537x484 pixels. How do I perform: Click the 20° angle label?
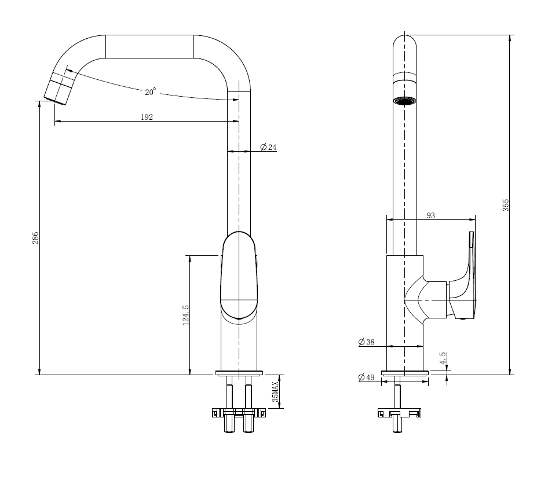(x=151, y=91)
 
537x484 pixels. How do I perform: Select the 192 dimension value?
(x=147, y=117)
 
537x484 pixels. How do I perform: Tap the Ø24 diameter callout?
(x=268, y=147)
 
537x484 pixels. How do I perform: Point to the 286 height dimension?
(x=35, y=238)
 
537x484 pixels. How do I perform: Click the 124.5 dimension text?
(x=186, y=315)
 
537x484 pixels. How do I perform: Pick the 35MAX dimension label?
(x=275, y=391)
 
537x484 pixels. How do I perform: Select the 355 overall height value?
(x=506, y=205)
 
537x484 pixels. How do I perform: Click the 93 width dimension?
(x=431, y=215)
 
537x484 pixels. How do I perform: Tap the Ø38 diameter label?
(x=367, y=342)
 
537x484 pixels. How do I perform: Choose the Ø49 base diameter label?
(x=367, y=377)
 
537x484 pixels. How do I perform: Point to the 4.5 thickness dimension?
(x=443, y=358)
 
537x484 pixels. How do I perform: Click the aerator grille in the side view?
(x=404, y=101)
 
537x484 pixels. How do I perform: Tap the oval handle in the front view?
(x=239, y=277)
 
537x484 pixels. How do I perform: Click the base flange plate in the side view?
(x=405, y=373)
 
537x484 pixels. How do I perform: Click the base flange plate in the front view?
(x=239, y=373)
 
